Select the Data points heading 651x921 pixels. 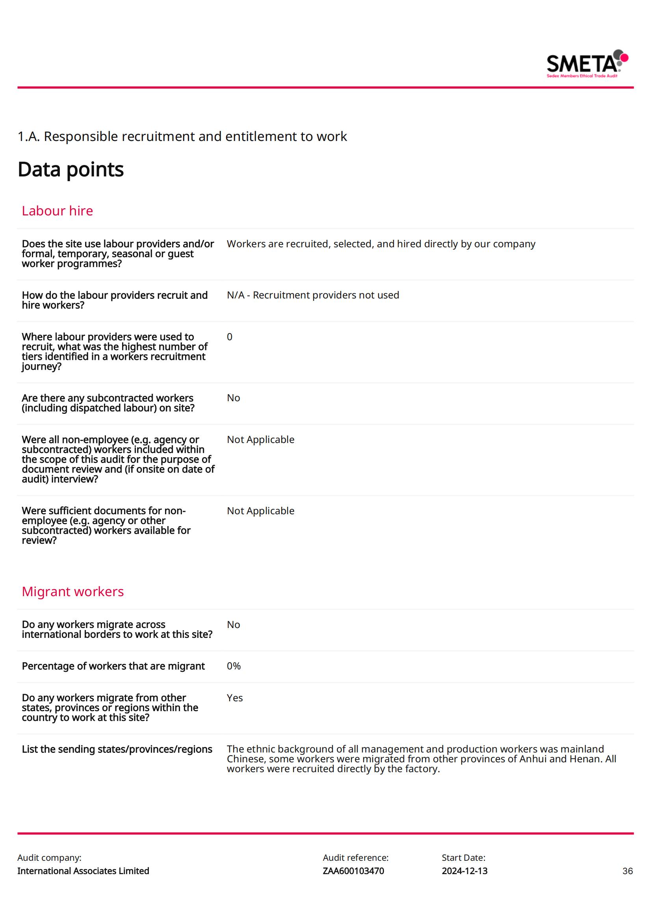70,169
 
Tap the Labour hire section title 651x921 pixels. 57,211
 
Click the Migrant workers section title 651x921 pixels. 72,592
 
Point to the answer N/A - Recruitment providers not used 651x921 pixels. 313,295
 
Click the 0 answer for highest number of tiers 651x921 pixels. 230,337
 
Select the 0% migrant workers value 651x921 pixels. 234,666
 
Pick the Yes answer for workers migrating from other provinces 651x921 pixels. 235,698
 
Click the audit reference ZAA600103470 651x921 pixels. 353,871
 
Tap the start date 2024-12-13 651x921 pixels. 464,871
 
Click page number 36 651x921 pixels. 627,871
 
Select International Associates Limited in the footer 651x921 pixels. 83,871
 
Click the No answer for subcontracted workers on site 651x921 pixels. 234,398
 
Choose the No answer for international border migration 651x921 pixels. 234,625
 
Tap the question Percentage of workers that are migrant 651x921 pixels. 113,666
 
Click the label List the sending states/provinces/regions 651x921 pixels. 117,749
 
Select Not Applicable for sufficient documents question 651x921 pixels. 260,511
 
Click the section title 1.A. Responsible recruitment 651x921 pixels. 182,137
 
